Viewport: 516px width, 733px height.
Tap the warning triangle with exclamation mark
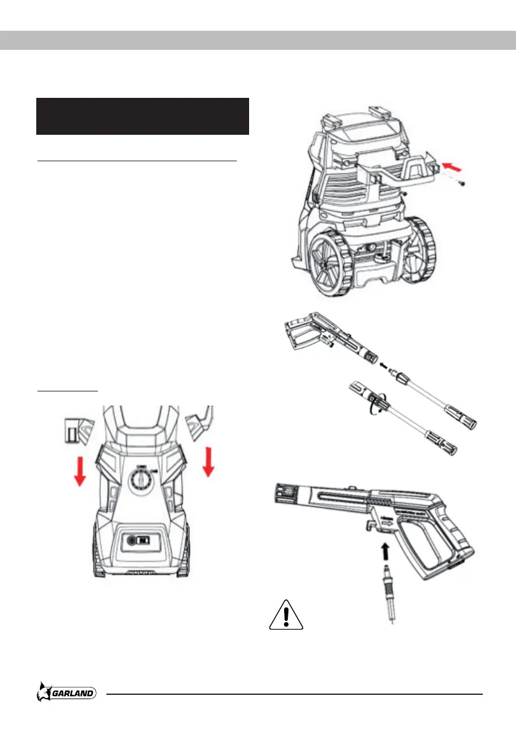tap(286, 615)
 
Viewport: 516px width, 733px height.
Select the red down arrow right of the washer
tap(209, 462)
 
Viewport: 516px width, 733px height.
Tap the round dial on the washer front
tap(141, 477)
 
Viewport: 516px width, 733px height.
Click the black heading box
tap(142, 116)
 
